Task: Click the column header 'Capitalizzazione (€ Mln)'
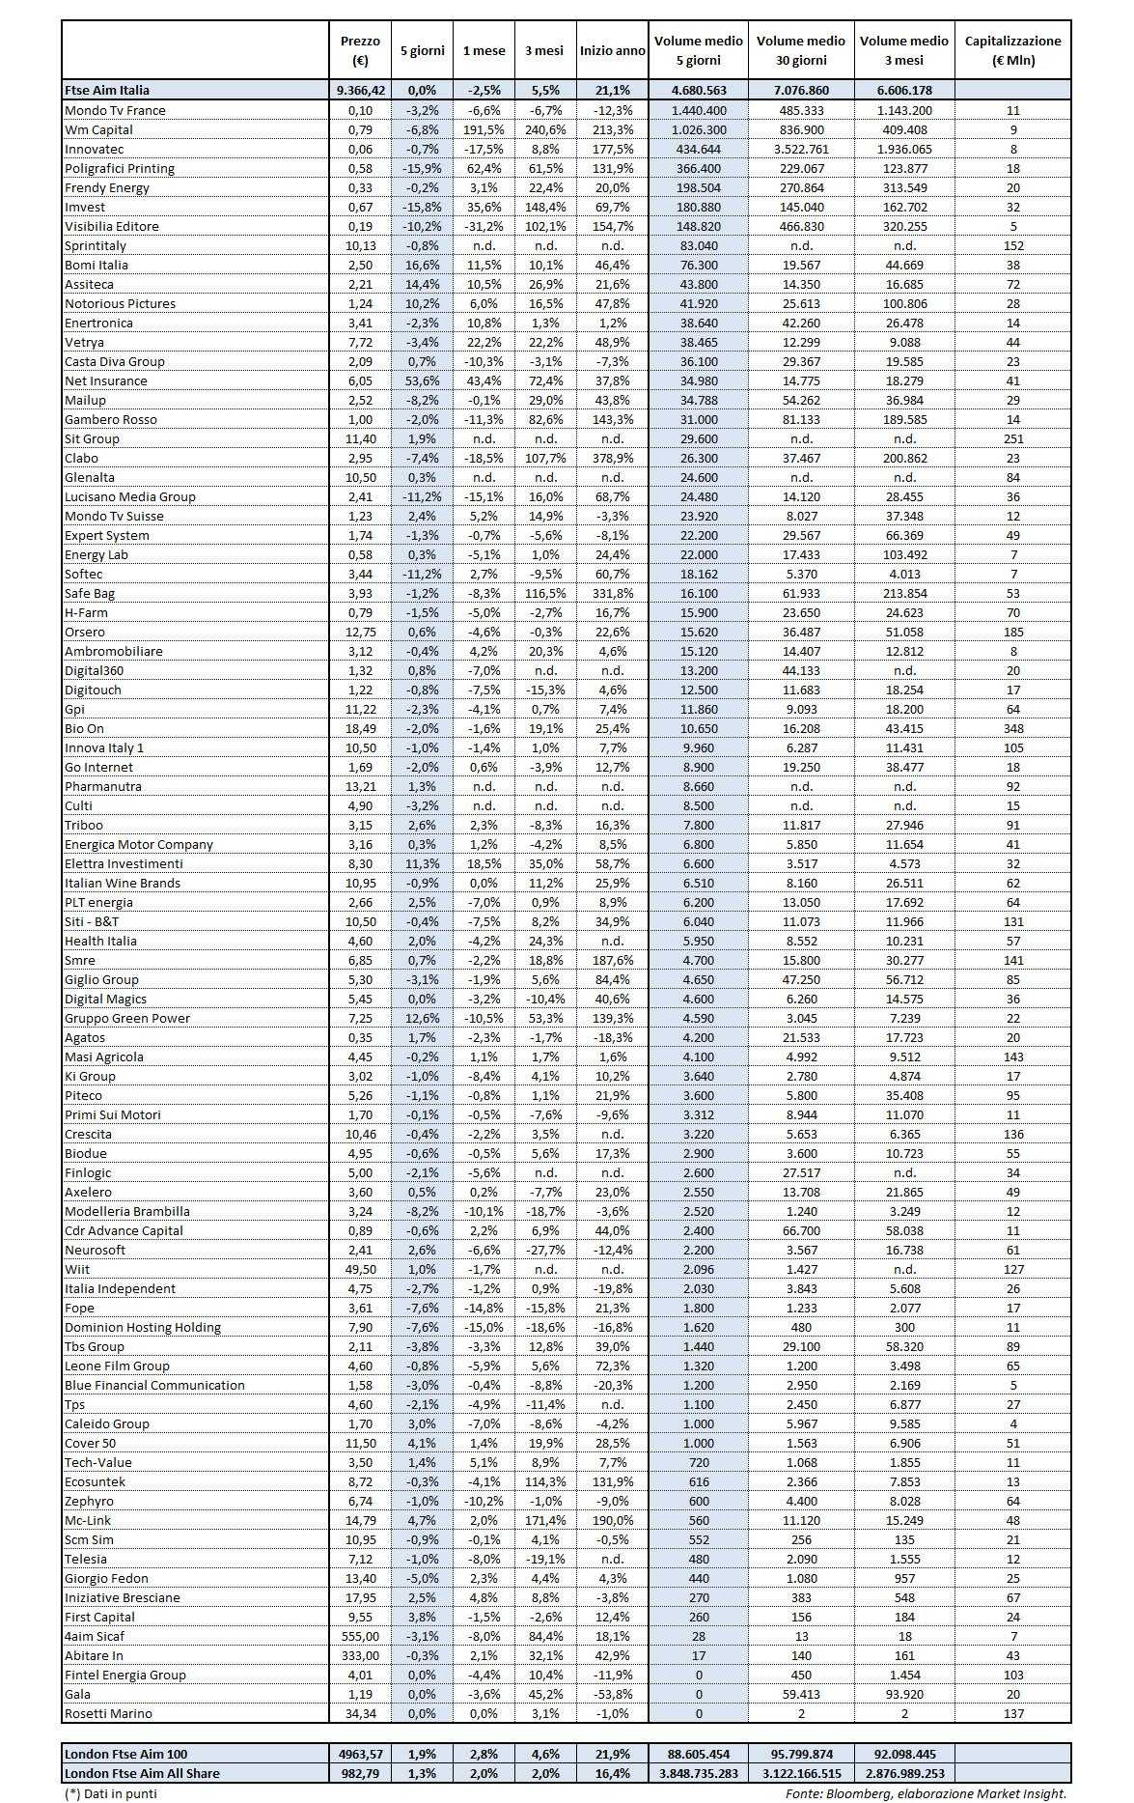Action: coord(1012,50)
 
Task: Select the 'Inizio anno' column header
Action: coord(612,50)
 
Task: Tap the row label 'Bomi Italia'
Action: coord(97,265)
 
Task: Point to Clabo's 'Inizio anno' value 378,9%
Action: coord(612,458)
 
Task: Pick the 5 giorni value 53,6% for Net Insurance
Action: coord(422,380)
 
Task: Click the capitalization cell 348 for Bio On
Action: coord(1012,728)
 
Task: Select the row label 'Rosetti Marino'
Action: coord(108,1713)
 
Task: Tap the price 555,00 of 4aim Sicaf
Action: coord(360,1636)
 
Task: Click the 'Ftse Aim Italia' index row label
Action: coord(107,90)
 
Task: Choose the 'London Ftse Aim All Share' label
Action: coord(142,1773)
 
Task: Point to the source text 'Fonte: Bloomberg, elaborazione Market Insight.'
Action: coord(926,1792)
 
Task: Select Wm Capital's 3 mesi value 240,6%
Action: coord(544,129)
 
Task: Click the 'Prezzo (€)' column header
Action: coord(360,50)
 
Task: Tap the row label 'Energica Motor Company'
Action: coord(139,844)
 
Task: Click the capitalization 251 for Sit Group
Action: coord(1012,438)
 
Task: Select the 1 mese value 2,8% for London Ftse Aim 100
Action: coord(484,1754)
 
